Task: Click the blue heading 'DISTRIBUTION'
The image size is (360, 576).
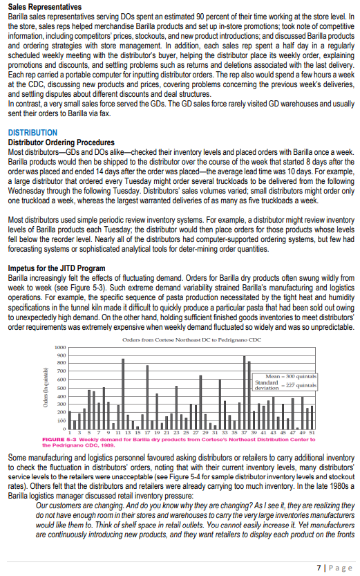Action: point(32,132)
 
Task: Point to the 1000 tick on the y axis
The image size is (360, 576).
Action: point(61,346)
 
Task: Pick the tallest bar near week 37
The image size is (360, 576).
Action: point(245,392)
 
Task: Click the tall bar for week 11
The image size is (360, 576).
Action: point(123,393)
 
